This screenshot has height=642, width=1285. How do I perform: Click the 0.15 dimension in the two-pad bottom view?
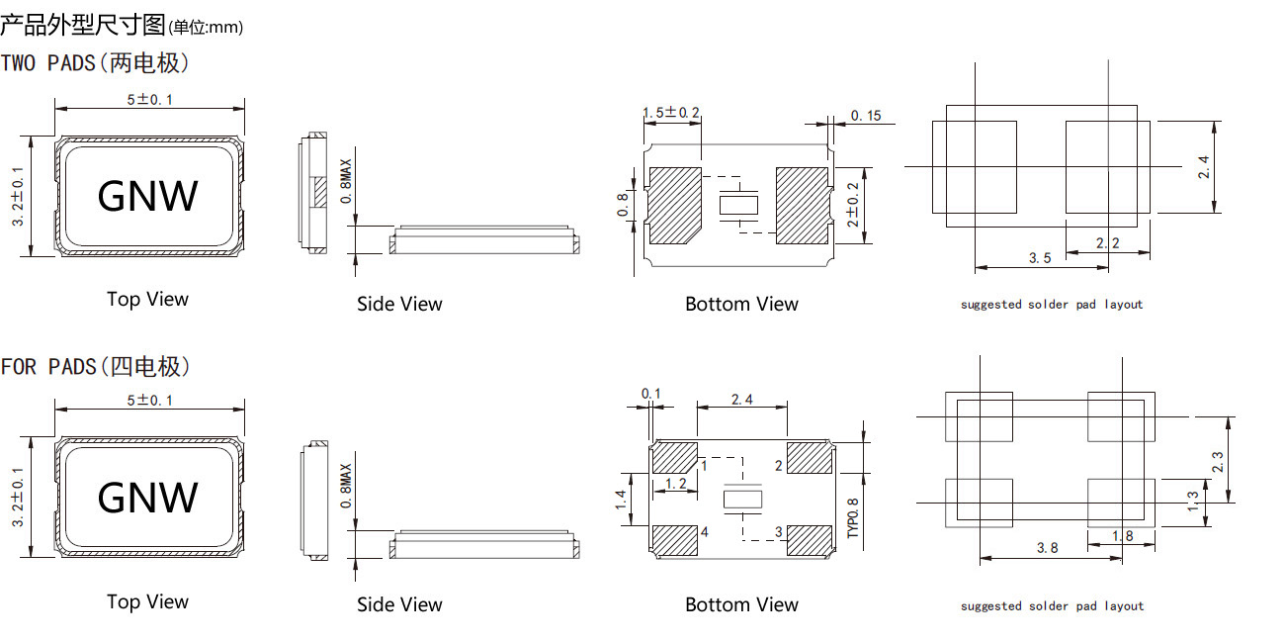tap(865, 116)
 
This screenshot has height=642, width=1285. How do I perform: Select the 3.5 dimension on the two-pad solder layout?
tap(1039, 257)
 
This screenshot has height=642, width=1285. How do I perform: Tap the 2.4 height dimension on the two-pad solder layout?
tap(1203, 166)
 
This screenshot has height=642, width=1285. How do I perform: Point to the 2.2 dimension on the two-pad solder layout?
tap(1107, 242)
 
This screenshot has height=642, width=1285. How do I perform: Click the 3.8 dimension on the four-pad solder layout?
tap(1049, 547)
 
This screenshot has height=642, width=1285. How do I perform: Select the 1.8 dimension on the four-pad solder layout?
tap(1122, 536)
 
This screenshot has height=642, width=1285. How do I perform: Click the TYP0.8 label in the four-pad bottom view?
tap(853, 515)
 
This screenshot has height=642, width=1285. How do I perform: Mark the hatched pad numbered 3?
tap(810, 539)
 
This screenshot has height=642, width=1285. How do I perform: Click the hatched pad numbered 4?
tap(675, 540)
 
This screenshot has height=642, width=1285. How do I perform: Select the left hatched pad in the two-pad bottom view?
tap(674, 205)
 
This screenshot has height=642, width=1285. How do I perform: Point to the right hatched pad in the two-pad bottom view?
tap(802, 205)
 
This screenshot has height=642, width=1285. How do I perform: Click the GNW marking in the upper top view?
tap(147, 196)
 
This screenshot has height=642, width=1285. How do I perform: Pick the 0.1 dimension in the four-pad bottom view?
tap(651, 394)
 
